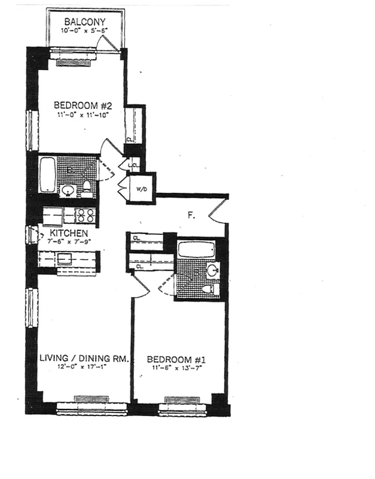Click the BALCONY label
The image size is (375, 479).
(x=85, y=22)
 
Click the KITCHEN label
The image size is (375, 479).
(x=69, y=232)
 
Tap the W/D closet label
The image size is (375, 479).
(x=142, y=190)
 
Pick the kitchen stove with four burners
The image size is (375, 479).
(x=83, y=215)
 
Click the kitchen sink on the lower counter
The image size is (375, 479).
(x=65, y=259)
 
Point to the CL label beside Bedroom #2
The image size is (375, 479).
(x=129, y=140)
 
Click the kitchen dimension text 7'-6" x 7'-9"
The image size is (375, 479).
(x=69, y=241)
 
